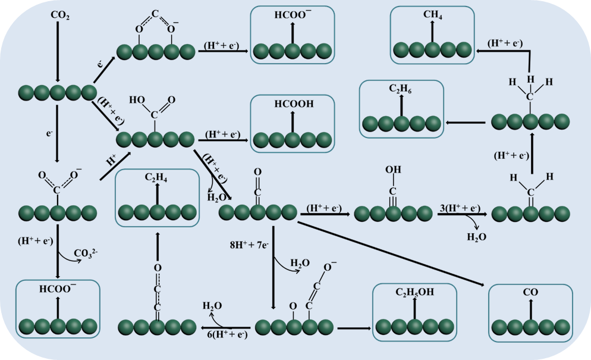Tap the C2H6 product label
[401, 90]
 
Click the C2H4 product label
[157, 177]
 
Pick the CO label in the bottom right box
[530, 293]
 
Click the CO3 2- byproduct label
[86, 253]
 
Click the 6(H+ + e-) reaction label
[227, 335]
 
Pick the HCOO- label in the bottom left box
[58, 289]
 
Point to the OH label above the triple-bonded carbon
[393, 170]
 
